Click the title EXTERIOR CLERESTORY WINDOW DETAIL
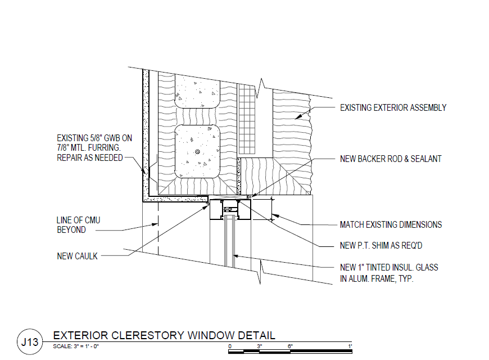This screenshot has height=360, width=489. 164,335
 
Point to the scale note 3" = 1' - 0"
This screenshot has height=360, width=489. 76,346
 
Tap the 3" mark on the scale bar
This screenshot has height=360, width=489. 259,345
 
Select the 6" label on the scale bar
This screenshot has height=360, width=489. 290,345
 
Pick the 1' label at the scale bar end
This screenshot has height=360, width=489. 350,345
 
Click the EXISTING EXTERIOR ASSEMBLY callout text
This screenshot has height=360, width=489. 393,107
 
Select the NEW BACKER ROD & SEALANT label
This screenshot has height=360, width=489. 391,159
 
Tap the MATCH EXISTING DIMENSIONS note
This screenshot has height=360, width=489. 391,224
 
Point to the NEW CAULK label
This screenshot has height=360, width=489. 78,256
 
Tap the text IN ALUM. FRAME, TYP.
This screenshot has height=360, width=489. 377,278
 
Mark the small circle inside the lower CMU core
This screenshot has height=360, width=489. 196,152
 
